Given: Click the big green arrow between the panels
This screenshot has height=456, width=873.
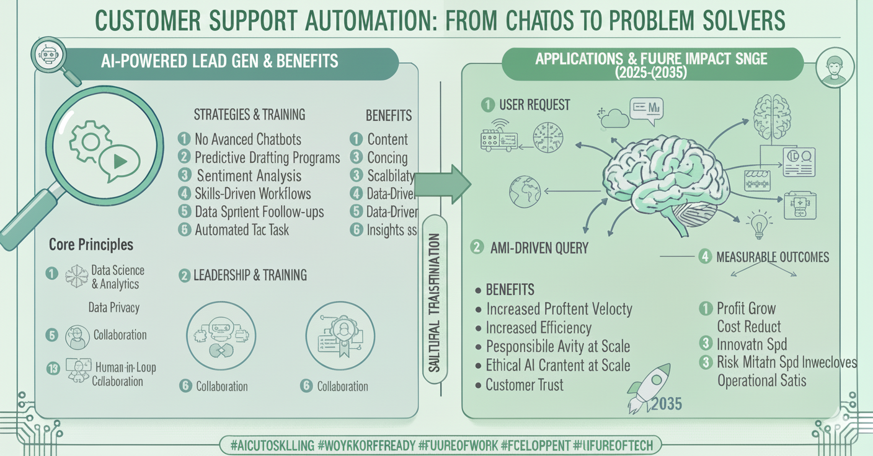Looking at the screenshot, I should (x=443, y=184).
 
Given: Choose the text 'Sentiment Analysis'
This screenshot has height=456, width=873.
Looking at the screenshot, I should (x=249, y=175).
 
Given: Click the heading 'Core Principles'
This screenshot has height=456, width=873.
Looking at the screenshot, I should (x=91, y=244).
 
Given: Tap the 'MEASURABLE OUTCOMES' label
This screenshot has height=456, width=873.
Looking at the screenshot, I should (x=772, y=256).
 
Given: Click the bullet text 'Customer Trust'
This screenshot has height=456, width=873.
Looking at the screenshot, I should (x=525, y=385).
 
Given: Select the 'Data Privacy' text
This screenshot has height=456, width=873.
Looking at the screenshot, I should (x=114, y=307).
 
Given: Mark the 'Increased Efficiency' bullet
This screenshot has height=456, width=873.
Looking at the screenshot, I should (x=538, y=328).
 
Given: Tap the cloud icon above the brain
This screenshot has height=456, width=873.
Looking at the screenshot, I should (x=614, y=117).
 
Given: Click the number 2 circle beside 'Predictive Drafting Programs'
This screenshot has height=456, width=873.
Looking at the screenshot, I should (x=184, y=157).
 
